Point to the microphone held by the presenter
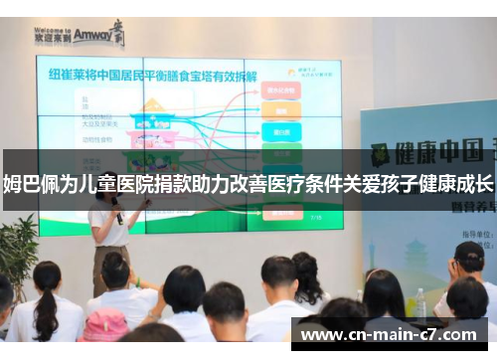click(117, 215)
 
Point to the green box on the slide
click(281, 152)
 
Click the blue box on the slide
click(280, 131)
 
